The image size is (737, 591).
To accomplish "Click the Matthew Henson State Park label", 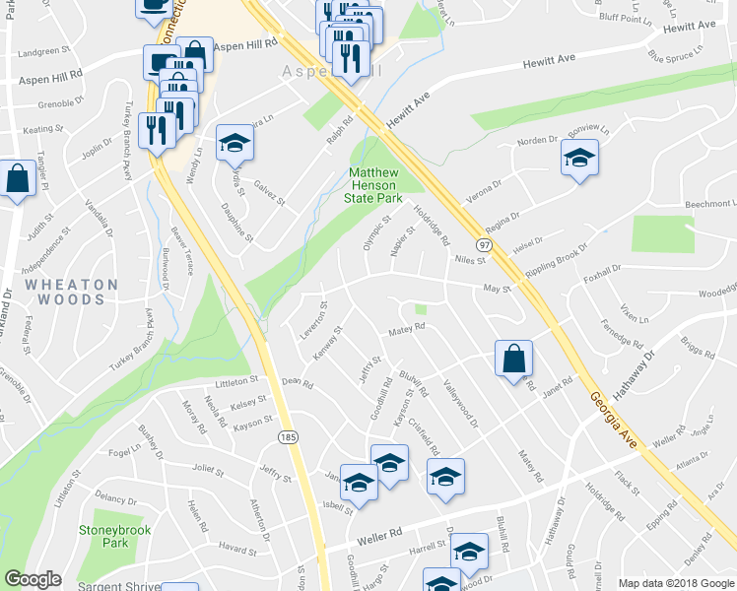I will pos(373,184).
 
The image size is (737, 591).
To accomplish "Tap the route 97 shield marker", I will pos(484,243).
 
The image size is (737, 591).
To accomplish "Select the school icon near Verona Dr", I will pos(579,158).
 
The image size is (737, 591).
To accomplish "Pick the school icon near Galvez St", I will pos(234,144).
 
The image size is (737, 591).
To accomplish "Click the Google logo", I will pos(33,579).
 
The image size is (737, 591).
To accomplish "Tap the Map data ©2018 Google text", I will pos(675,583).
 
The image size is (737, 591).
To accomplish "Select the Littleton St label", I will pos(236,380).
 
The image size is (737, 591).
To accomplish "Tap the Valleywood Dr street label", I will pos(460,404).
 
